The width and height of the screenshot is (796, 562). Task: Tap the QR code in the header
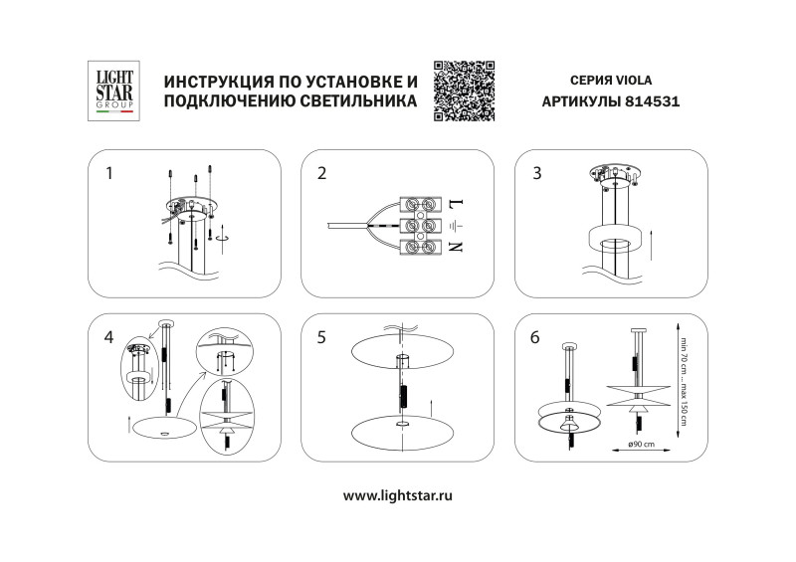point(465,91)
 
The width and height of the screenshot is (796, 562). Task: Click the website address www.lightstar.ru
point(398,494)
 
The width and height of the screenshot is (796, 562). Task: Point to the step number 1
point(109,174)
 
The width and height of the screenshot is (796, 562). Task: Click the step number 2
point(321,174)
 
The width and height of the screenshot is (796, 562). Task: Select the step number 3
point(537,174)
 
